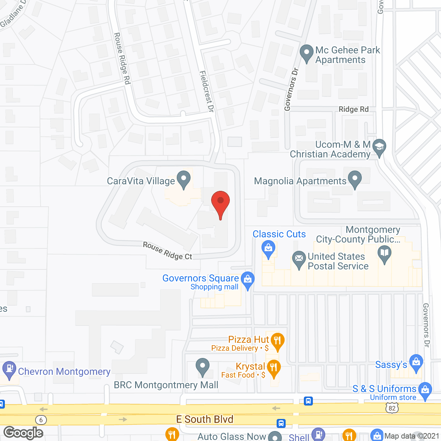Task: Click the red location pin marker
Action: pyautogui.click(x=220, y=202)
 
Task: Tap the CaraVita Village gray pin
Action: pyautogui.click(x=184, y=179)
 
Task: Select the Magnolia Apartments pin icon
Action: pyautogui.click(x=355, y=179)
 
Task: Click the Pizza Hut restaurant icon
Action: pyautogui.click(x=277, y=341)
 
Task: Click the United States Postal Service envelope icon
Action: pyautogui.click(x=299, y=259)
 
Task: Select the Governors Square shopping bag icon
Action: pyautogui.click(x=247, y=279)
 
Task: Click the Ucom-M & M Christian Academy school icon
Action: pyautogui.click(x=379, y=147)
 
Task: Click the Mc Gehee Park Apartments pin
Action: pyautogui.click(x=306, y=53)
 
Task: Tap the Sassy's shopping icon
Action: pyautogui.click(x=416, y=363)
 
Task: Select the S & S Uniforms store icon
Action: pyautogui.click(x=425, y=390)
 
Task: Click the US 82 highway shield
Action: pyautogui.click(x=392, y=408)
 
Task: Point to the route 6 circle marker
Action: pyautogui.click(x=41, y=420)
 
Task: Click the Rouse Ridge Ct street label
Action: pyautogui.click(x=167, y=251)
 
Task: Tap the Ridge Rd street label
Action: pyautogui.click(x=353, y=109)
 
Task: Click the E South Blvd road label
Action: pyautogui.click(x=205, y=419)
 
